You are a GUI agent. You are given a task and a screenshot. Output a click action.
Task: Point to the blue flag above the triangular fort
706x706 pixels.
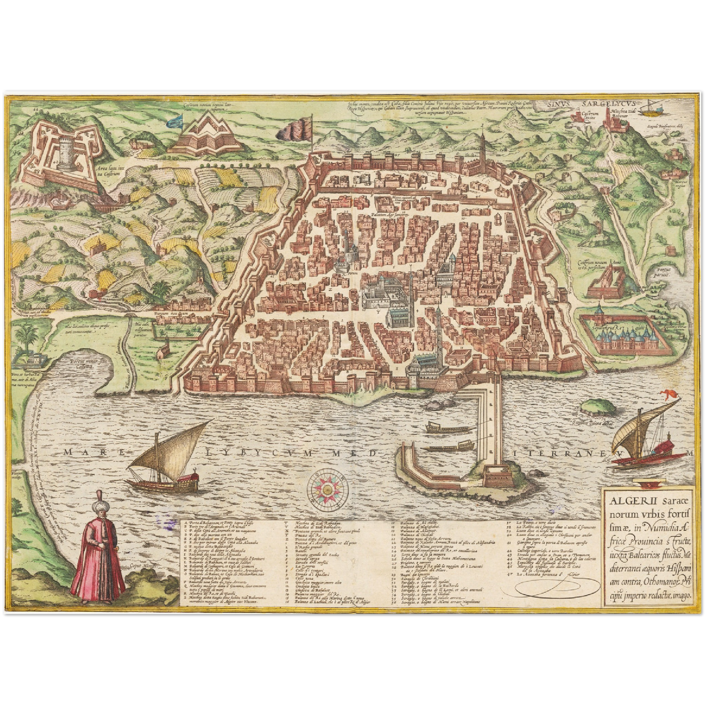tap(174, 120)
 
